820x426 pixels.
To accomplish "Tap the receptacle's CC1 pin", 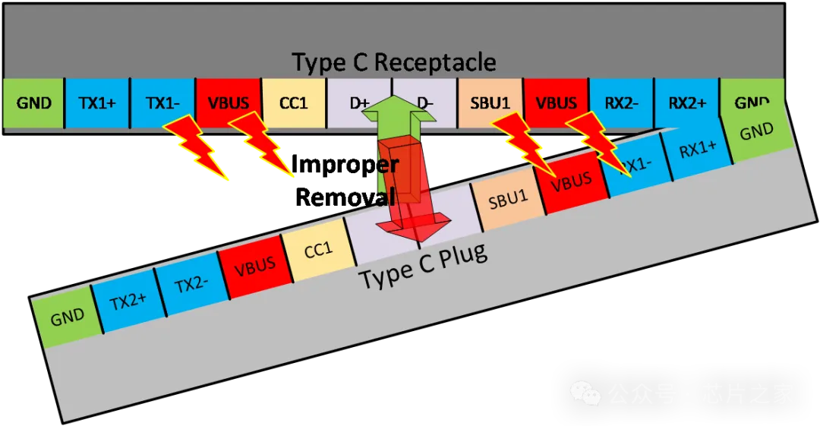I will (x=293, y=103).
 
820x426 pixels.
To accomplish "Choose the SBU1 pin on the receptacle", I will (x=490, y=103).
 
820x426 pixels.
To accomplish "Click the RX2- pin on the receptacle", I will (x=621, y=103).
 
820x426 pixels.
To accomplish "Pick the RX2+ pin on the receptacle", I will (x=686, y=103).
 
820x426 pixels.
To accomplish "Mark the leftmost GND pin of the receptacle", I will (x=33, y=103).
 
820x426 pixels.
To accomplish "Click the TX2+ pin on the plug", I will (x=128, y=301).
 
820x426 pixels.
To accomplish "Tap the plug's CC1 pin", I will (x=318, y=250).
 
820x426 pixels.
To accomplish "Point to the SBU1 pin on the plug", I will (x=508, y=200).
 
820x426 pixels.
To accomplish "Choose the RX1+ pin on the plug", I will (x=697, y=150).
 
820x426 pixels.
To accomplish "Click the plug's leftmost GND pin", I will (x=67, y=317).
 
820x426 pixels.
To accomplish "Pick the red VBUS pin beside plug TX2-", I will (x=254, y=267).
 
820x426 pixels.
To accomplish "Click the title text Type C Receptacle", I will (x=394, y=62).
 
